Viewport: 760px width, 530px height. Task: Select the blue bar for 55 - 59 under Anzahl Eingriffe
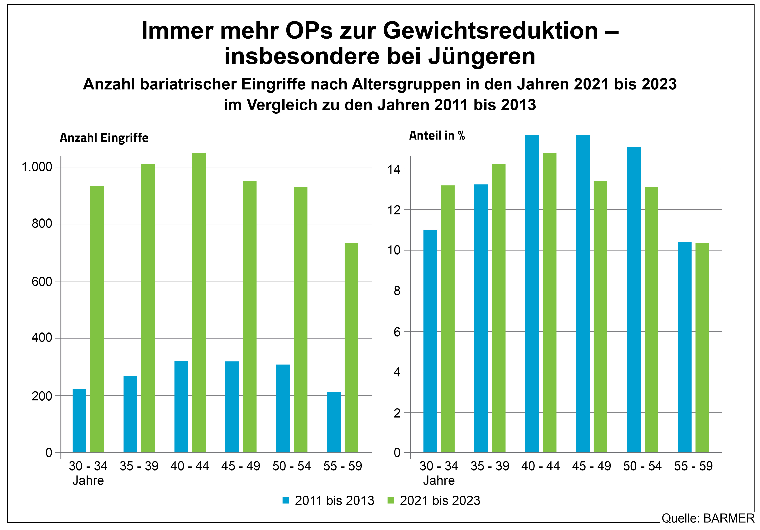coord(334,422)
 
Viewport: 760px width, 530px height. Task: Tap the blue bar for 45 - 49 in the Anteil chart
coord(583,294)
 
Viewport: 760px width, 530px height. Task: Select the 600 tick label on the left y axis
coord(42,282)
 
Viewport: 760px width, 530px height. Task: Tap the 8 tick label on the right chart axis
coord(397,291)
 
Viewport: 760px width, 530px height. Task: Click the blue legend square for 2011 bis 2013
coord(286,500)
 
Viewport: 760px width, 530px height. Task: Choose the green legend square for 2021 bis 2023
coord(391,500)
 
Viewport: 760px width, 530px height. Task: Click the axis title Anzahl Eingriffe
coord(104,138)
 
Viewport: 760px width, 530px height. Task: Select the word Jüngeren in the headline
coord(482,56)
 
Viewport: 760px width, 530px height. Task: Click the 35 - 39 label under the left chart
coord(139,466)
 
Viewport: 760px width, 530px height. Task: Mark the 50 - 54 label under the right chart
coord(642,466)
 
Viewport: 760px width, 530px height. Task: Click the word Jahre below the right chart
coord(439,480)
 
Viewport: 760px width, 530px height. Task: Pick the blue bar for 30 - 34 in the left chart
coord(79,420)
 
